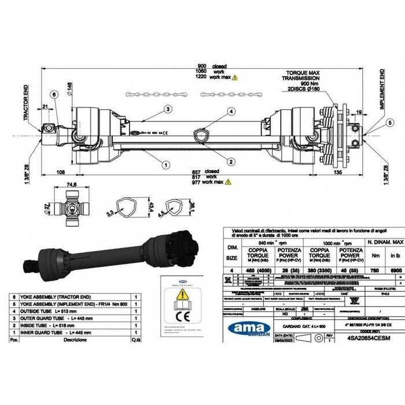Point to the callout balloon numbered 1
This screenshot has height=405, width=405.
[166, 164]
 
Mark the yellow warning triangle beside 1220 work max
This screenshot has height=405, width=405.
[234, 77]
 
